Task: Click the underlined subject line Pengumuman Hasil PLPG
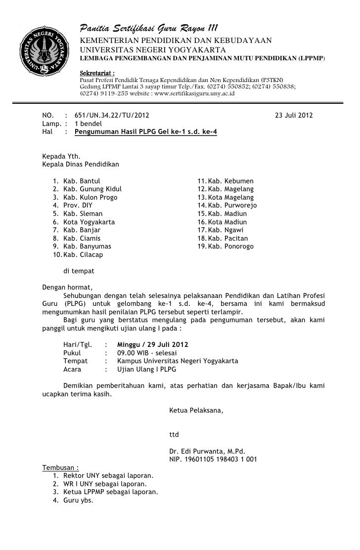point(145,132)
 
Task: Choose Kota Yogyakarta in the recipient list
point(89,222)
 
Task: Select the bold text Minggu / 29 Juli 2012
point(152,344)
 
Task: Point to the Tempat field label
point(76,361)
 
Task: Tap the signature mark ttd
point(174,435)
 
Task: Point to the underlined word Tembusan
point(59,467)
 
